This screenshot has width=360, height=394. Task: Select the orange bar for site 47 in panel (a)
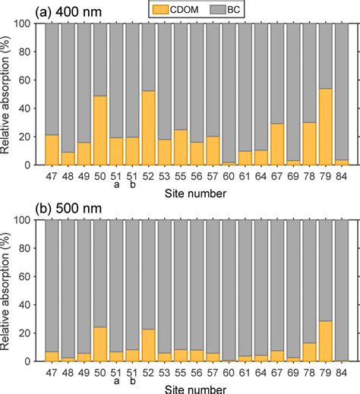[x=52, y=150]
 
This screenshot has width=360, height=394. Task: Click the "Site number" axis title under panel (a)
[x=196, y=195]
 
